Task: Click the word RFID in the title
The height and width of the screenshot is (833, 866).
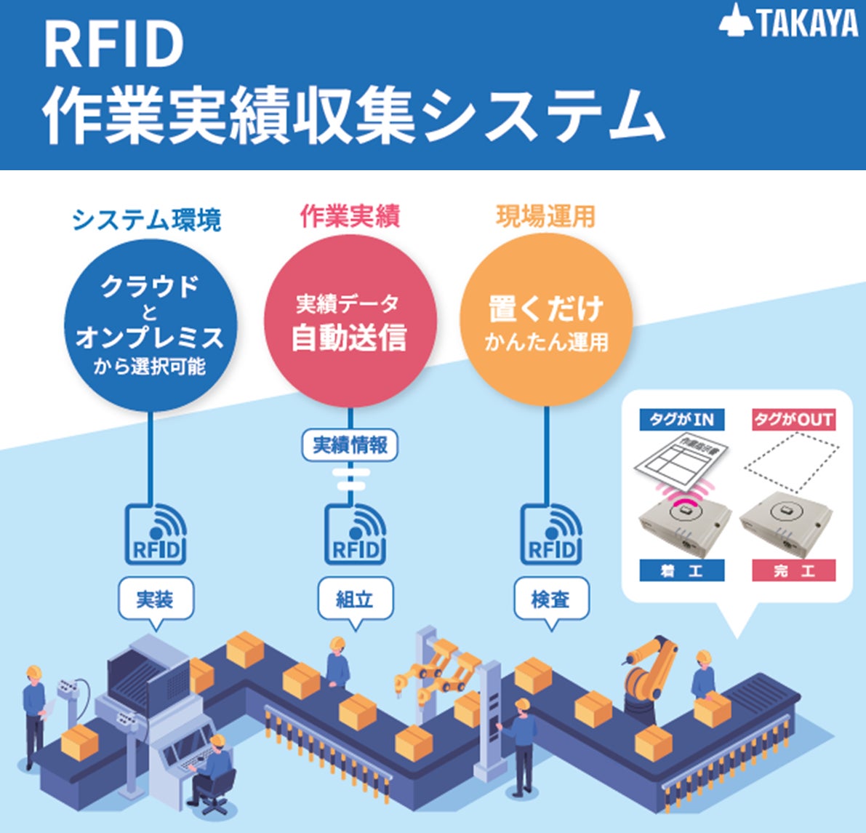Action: pos(113,45)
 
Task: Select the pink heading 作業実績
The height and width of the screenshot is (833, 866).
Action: pos(350,216)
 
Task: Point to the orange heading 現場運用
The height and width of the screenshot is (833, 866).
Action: pos(545,216)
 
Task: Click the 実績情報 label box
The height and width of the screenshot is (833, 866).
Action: pos(350,445)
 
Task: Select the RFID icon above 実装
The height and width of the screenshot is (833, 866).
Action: pos(156,535)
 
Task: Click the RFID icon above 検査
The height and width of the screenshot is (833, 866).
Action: pos(551,535)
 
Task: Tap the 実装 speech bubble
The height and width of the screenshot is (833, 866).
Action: pos(156,599)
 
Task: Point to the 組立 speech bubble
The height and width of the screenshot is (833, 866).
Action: pos(355,599)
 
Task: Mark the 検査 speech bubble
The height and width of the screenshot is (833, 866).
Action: pos(550,599)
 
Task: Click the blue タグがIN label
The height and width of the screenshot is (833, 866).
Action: pos(681,419)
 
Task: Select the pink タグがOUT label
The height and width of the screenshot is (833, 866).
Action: pos(793,419)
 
